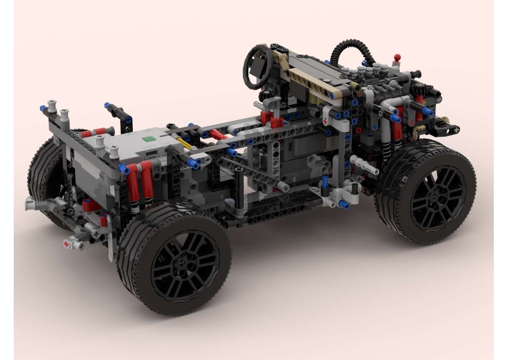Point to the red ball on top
tap(397, 57)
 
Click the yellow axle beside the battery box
tap(184, 144)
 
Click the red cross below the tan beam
tap(325, 123)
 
